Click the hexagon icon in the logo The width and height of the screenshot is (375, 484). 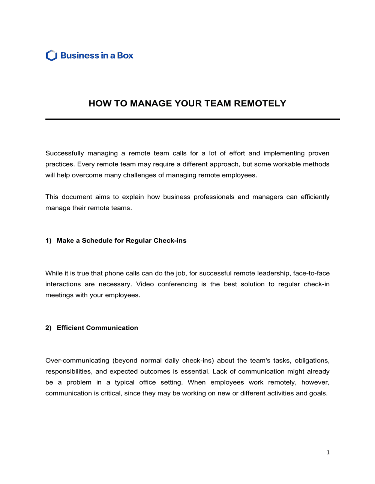(51, 56)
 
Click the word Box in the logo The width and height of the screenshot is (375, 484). (125, 56)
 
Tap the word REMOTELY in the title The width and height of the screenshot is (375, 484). (260, 104)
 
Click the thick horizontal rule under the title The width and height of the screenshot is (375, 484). (192, 119)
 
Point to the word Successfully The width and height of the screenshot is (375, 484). (64, 153)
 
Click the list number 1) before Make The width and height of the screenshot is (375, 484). (48, 241)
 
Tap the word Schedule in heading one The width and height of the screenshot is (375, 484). (97, 241)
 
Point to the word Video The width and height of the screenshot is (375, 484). (145, 284)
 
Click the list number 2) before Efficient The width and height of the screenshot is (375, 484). (48, 328)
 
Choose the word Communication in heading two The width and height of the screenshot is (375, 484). (112, 328)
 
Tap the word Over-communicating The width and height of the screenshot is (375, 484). (77, 361)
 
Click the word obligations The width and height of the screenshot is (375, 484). (312, 361)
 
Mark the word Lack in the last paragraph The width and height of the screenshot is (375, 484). (219, 371)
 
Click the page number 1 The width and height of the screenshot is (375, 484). (328, 452)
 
